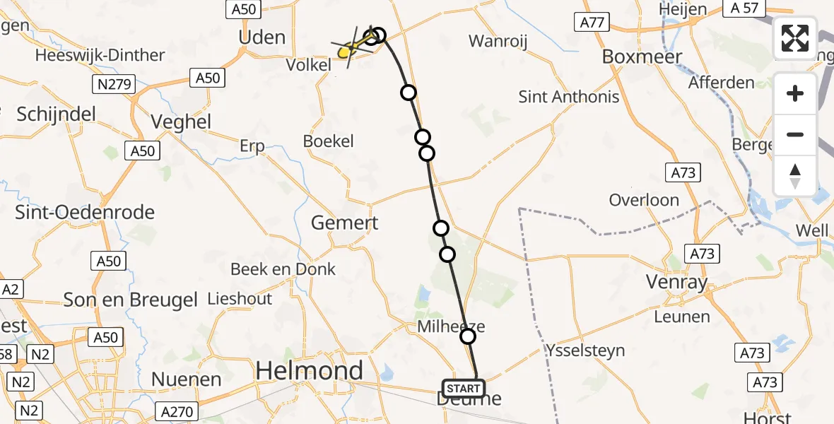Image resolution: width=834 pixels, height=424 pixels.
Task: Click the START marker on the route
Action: click(x=464, y=388)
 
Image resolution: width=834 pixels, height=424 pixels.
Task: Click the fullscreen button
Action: click(x=795, y=38)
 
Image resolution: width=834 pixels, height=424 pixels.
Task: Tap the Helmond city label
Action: click(x=310, y=370)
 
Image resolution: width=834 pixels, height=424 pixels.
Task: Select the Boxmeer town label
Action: click(x=642, y=57)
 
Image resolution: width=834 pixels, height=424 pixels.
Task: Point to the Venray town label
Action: click(x=676, y=283)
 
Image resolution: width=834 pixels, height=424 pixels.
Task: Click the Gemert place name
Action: click(x=345, y=223)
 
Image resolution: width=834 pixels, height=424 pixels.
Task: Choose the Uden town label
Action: click(x=262, y=37)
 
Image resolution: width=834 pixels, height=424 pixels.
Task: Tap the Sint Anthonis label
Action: click(x=569, y=97)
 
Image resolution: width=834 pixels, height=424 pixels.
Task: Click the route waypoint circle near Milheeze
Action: click(x=468, y=336)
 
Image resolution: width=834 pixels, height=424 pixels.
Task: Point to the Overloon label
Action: click(x=644, y=200)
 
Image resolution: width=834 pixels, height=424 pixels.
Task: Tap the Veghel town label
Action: click(x=182, y=122)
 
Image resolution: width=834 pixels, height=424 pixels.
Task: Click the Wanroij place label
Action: click(x=498, y=42)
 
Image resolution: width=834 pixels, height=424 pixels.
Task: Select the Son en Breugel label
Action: click(x=131, y=300)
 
